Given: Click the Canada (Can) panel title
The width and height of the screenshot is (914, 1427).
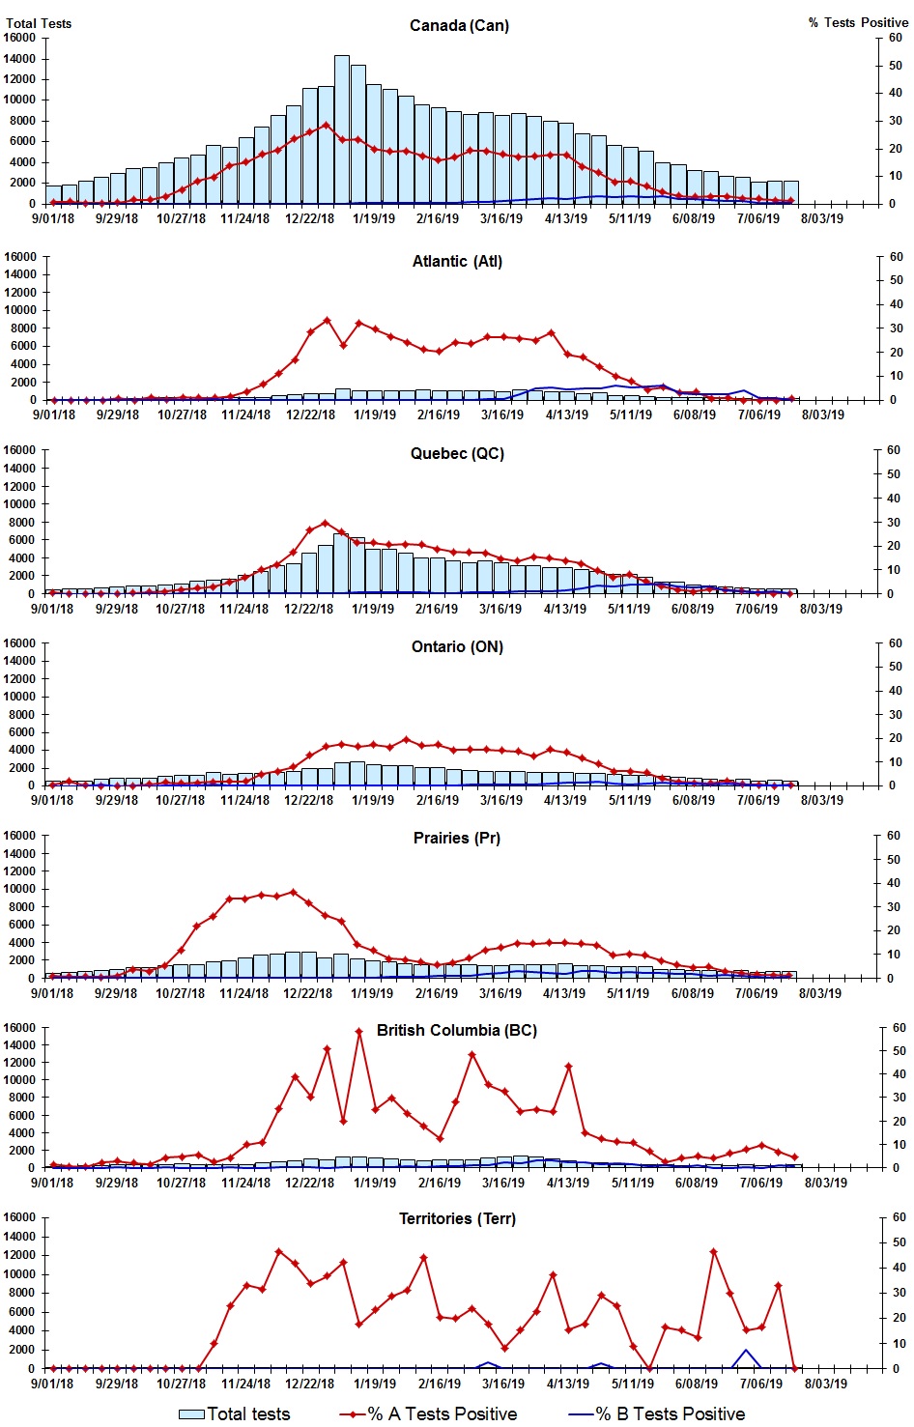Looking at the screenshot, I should pyautogui.click(x=459, y=25).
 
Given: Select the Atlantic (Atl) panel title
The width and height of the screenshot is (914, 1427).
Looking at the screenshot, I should pyautogui.click(x=457, y=261).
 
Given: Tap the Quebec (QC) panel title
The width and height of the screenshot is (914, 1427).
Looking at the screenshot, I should pyautogui.click(x=457, y=453).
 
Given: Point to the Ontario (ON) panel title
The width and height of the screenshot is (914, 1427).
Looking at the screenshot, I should pyautogui.click(x=457, y=646).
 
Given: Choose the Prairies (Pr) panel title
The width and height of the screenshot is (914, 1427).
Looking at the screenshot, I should pyautogui.click(x=457, y=838).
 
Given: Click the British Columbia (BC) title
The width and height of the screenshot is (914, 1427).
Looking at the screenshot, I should pyautogui.click(x=457, y=1030).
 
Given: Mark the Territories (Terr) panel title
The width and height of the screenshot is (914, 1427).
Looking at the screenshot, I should pyautogui.click(x=457, y=1218).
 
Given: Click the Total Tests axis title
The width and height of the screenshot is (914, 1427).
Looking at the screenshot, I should pyautogui.click(x=39, y=23).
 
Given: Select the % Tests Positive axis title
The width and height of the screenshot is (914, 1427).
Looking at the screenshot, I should pyautogui.click(x=858, y=22).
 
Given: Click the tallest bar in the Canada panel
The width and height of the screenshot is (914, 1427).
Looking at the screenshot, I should pyautogui.click(x=342, y=129).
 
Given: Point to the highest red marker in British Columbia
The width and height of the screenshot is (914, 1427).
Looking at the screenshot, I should pyautogui.click(x=358, y=1031).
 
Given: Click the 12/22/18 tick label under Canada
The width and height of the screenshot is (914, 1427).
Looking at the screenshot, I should pyautogui.click(x=309, y=218).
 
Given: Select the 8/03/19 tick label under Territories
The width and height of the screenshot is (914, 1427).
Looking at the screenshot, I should pyautogui.click(x=825, y=1384).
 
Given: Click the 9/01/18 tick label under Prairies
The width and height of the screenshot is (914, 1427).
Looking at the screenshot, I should pyautogui.click(x=52, y=993).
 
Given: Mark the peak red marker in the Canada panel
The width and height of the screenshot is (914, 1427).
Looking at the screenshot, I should pyautogui.click(x=327, y=125).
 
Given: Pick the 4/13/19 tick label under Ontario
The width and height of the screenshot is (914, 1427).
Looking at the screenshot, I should pyautogui.click(x=565, y=800).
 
